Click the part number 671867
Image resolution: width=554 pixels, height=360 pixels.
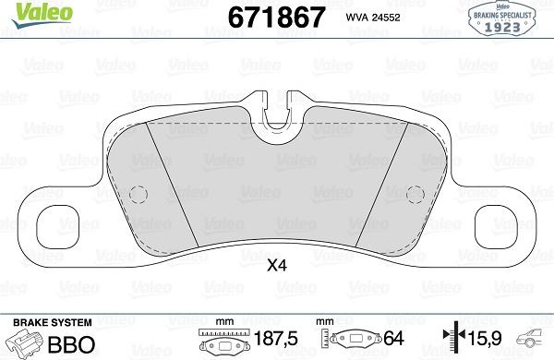(x=258, y=17)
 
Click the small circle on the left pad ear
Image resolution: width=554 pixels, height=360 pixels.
(x=138, y=194)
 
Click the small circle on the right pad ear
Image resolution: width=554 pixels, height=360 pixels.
(x=415, y=194)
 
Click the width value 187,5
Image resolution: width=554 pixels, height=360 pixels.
(x=276, y=340)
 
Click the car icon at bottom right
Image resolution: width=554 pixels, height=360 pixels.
(x=536, y=342)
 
